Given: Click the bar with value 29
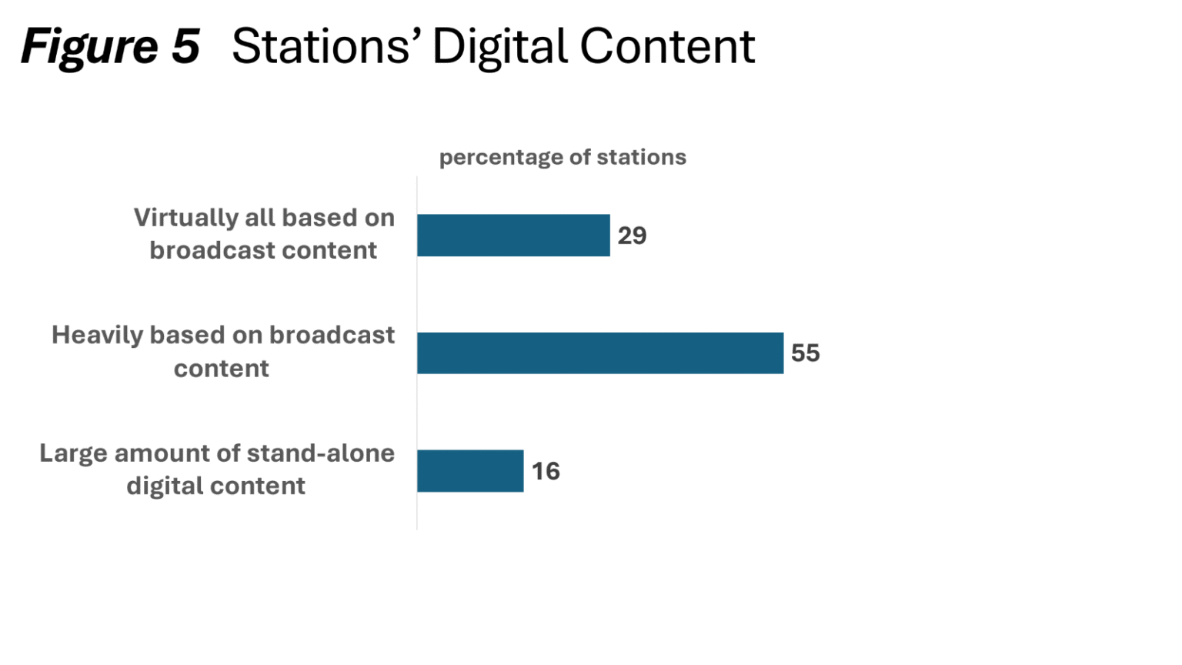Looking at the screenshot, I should [x=513, y=236].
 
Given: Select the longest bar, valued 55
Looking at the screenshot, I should [x=600, y=353].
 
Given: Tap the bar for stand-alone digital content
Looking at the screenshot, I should [x=470, y=471].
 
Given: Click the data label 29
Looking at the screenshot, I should [x=632, y=236].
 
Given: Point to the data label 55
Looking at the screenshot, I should [x=805, y=353].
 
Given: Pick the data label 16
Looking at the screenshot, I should [x=546, y=471].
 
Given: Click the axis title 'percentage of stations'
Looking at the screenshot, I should [x=563, y=158].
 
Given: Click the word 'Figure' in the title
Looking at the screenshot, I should [x=89, y=47].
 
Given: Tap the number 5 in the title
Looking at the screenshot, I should [x=185, y=47].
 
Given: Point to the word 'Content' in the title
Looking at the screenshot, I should [x=667, y=47].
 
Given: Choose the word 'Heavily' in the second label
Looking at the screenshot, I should [x=97, y=336].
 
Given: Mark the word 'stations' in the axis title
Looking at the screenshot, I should [x=641, y=158].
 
